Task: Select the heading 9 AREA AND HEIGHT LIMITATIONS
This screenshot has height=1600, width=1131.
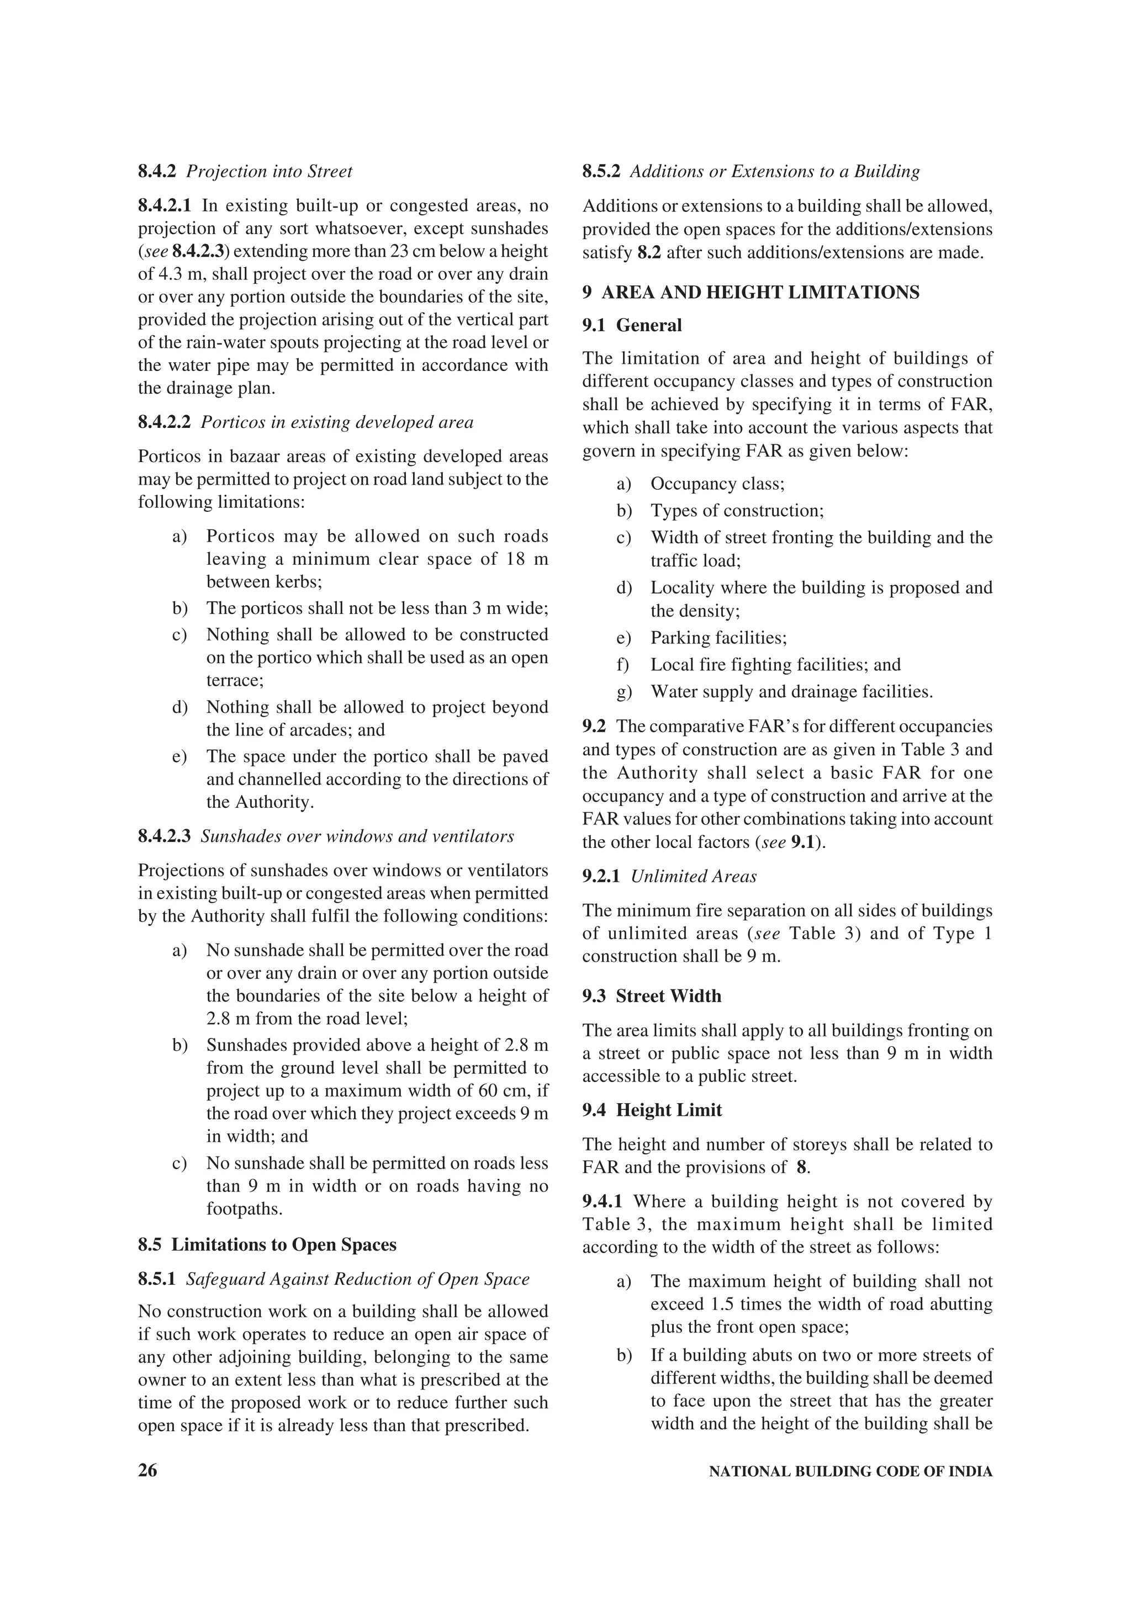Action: click(751, 292)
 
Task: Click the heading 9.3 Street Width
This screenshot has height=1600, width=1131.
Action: click(652, 996)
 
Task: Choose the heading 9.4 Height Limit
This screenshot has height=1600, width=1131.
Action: click(652, 1110)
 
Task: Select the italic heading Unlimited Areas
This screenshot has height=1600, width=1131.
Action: click(694, 877)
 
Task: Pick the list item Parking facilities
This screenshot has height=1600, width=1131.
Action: click(718, 638)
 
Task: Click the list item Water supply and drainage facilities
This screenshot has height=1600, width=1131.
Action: click(791, 692)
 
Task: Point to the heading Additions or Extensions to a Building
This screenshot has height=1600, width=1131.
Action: click(775, 171)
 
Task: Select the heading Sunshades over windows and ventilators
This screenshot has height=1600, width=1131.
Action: click(357, 836)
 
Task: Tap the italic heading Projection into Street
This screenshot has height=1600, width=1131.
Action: click(269, 171)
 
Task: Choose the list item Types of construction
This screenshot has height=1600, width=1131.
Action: click(737, 511)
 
